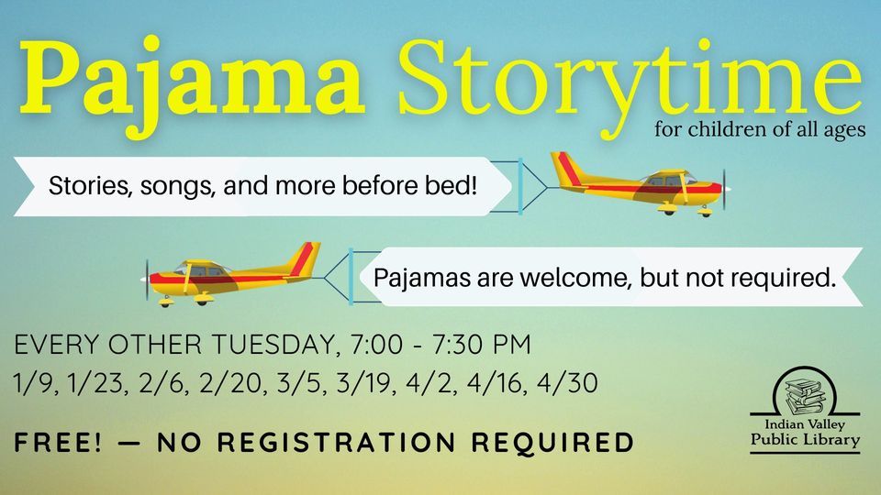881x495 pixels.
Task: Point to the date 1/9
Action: [33, 383]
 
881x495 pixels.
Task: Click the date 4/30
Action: [569, 383]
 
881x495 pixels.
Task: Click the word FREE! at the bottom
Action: [56, 444]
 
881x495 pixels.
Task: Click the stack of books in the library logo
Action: [804, 391]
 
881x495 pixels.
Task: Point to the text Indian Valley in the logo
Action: [805, 425]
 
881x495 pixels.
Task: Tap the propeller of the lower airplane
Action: [147, 275]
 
